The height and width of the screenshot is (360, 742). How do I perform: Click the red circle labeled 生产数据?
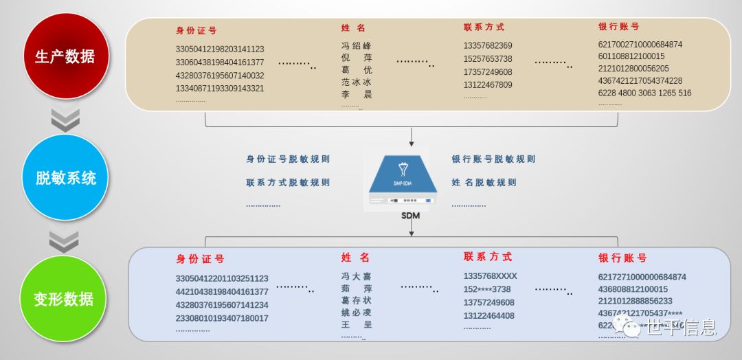click(x=65, y=56)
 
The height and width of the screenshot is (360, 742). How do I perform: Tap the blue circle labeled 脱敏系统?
click(x=66, y=178)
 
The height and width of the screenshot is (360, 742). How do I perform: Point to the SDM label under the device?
click(x=411, y=216)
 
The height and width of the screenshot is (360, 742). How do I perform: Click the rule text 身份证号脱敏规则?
click(x=288, y=159)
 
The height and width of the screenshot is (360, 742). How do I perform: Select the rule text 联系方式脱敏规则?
click(x=288, y=183)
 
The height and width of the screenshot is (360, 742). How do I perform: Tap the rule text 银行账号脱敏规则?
click(x=493, y=159)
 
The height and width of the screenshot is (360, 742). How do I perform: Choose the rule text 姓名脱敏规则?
click(x=484, y=183)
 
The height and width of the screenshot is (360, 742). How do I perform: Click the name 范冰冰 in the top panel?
click(x=357, y=82)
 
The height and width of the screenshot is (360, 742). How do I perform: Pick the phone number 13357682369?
click(x=487, y=46)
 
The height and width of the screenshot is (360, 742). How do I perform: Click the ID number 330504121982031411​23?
click(x=220, y=49)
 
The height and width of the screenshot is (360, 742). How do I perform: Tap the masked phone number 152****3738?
click(x=486, y=289)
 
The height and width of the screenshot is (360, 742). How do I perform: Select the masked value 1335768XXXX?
click(x=490, y=276)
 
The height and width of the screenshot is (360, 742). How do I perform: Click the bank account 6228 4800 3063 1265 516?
click(x=644, y=93)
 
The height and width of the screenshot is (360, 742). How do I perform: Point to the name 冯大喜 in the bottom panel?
click(x=357, y=276)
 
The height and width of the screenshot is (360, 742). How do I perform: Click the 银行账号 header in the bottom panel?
click(x=622, y=258)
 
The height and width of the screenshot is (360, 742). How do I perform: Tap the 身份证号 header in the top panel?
click(x=196, y=31)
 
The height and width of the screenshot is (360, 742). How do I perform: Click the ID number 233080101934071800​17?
click(x=222, y=318)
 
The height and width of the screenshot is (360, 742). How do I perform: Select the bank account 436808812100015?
click(x=633, y=289)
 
